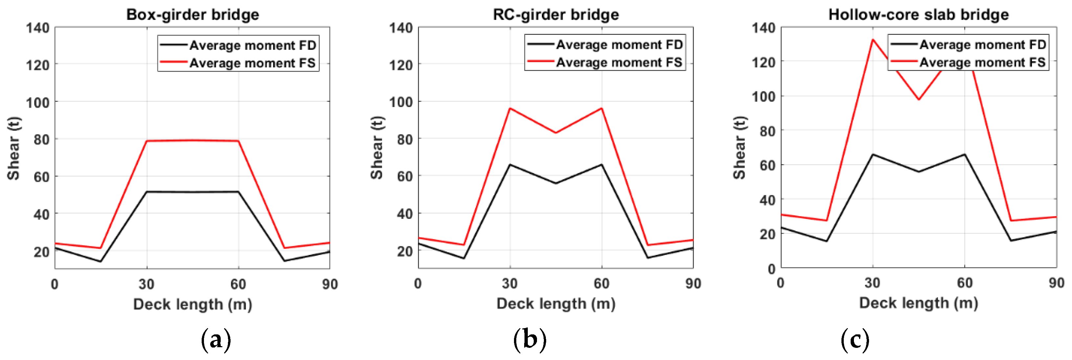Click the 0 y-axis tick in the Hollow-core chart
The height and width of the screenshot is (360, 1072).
[771, 269]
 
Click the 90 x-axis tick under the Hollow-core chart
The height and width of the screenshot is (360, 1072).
[1056, 283]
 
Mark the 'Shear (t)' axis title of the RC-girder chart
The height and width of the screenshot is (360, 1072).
[377, 148]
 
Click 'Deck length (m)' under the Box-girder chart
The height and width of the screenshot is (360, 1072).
[193, 304]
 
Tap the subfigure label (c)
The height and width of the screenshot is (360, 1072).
[855, 340]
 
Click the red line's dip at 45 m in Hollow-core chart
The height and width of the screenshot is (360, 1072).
[919, 100]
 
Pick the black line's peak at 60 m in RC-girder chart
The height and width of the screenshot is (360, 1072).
[602, 164]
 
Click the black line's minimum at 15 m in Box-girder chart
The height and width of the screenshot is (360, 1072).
[101, 261]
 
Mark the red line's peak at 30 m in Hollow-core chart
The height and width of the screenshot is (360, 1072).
[873, 39]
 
